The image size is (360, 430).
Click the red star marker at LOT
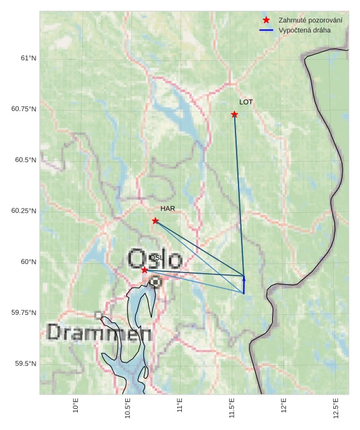pyautogui.click(x=234, y=115)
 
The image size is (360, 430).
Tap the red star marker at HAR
pyautogui.click(x=155, y=221)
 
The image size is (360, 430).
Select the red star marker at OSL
pyautogui.click(x=144, y=270)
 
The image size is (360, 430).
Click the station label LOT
pyautogui.click(x=246, y=102)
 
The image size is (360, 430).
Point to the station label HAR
pyautogui.click(x=168, y=209)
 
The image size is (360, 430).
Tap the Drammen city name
pyautogui.click(x=99, y=333)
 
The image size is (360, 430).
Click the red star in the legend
pyautogui.click(x=266, y=21)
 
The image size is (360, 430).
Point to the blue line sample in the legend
pyautogui.click(x=266, y=30)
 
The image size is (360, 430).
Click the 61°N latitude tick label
pyautogui.click(x=29, y=58)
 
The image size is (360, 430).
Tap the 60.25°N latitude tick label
pyautogui.click(x=24, y=211)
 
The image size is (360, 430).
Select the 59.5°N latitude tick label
pyautogui.click(x=24, y=363)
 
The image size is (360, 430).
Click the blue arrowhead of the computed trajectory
pyautogui.click(x=244, y=278)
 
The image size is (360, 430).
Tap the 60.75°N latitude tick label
pyautogui.click(x=24, y=109)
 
